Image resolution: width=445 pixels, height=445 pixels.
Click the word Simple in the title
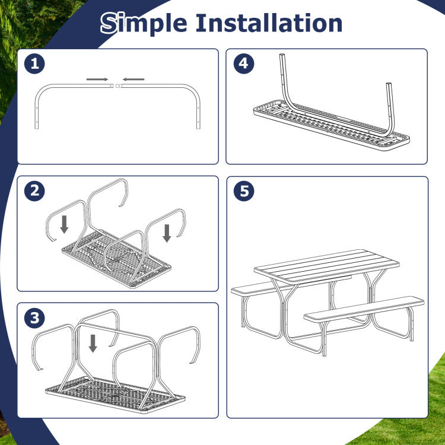pos(144,23)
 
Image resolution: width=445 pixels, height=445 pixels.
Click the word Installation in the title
pos(269,23)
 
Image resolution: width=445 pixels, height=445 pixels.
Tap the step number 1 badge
pos(34,63)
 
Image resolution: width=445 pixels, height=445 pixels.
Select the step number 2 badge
pos(34,190)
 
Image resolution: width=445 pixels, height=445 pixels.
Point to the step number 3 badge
pos(34,318)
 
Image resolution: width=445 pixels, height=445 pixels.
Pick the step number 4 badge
pos(244,63)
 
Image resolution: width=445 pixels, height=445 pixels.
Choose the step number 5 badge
pos(244,190)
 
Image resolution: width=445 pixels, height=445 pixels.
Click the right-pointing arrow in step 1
pos(97,80)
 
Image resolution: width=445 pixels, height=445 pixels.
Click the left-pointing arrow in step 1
pos(133,80)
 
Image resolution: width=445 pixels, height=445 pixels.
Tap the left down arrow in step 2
pos(65,224)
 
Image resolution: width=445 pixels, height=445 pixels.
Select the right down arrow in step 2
pos(167,233)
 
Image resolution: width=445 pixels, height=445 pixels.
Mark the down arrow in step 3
pos(93,344)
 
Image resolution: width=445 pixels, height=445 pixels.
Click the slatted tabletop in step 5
pos(326,266)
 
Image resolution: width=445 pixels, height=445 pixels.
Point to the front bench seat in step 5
pos(364,309)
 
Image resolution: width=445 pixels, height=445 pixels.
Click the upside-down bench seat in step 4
pos(332,125)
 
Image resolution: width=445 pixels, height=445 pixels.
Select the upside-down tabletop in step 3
pos(115,395)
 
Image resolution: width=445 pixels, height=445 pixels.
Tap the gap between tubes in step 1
pos(115,85)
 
